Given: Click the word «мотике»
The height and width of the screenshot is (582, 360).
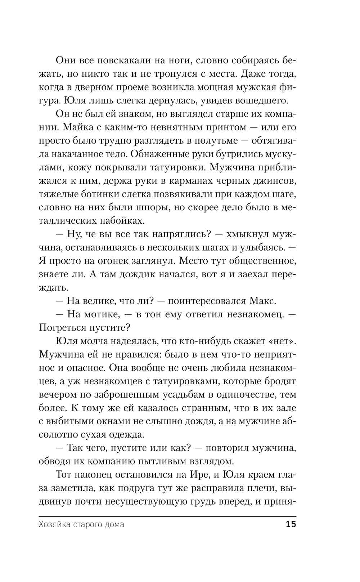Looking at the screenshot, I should click(104, 314).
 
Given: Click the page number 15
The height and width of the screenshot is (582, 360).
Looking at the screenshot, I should click(291, 524).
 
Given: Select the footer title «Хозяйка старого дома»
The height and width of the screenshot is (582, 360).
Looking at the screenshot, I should click(81, 524).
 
